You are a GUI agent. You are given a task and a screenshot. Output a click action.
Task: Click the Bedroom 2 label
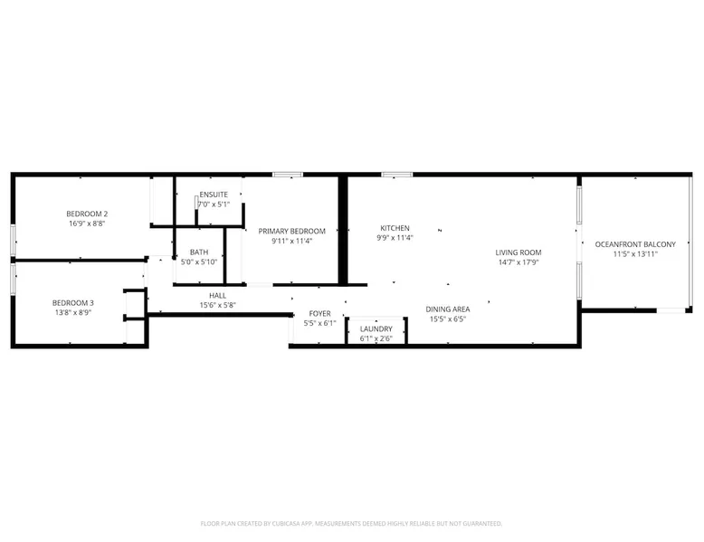[87, 214]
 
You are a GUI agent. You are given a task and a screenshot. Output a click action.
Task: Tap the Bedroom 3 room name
[73, 303]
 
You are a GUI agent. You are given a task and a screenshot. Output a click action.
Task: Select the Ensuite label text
[214, 195]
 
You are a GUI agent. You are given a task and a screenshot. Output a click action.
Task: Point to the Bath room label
[199, 252]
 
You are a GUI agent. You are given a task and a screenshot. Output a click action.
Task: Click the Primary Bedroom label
[292, 232]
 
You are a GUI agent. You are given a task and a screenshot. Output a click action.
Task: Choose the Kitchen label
[395, 228]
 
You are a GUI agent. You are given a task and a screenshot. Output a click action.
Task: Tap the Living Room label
[518, 252]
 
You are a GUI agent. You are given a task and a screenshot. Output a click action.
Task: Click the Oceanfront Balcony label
[635, 244]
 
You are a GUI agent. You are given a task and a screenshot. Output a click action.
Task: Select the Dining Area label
[448, 309]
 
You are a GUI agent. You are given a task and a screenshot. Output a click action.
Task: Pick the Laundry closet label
[376, 329]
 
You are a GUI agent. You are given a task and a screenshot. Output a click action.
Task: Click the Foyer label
[320, 313]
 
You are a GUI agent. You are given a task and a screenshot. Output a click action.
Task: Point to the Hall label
[218, 296]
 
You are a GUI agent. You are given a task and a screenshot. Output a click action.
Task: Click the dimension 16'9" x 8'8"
[87, 223]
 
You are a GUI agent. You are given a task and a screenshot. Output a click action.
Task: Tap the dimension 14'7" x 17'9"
[518, 262]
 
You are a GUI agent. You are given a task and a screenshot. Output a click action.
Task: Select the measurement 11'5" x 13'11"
[635, 254]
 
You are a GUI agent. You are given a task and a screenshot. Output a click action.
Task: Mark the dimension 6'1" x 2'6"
[376, 338]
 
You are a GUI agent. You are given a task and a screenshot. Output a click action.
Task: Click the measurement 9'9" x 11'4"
[395, 238]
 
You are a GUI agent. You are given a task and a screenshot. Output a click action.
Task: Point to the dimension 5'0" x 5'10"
[199, 262]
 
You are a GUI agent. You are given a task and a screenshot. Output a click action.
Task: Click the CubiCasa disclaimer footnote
[352, 524]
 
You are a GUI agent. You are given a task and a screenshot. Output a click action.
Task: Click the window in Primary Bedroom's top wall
[288, 175]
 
